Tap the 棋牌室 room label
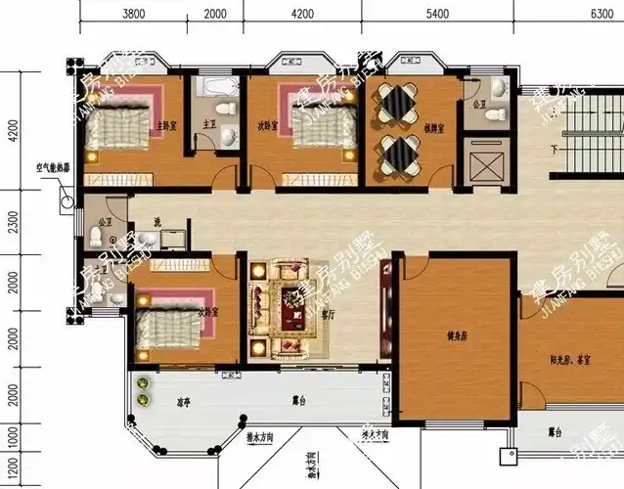pos(434,128)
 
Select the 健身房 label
pos(458,336)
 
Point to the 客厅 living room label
pos(329,315)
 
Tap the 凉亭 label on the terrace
pos(183,401)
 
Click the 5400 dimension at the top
pos(436,14)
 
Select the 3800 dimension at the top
pos(134,14)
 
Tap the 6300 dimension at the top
pos(602,14)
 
